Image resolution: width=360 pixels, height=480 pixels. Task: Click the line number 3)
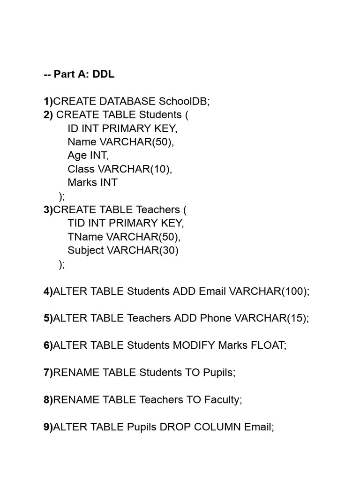coord(48,210)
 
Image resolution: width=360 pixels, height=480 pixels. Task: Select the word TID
coord(76,223)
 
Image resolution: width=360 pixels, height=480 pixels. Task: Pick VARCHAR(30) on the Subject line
coord(142,250)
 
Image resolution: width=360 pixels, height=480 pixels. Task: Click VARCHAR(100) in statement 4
coord(269,291)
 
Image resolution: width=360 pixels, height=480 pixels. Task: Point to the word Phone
coord(216,318)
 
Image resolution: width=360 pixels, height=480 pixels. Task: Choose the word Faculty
coord(223,400)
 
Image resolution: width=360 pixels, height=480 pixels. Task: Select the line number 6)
coord(48,345)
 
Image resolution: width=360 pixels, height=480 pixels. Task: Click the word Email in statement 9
coord(259,427)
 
